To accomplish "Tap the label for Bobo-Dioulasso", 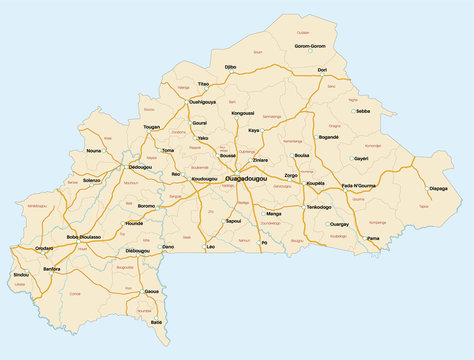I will pyautogui.click(x=86, y=237).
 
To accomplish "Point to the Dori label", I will pyautogui.click(x=322, y=70).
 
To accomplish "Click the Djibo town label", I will pyautogui.click(x=230, y=67).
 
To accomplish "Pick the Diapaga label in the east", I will pyautogui.click(x=438, y=188).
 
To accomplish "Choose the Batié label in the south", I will pyautogui.click(x=156, y=322).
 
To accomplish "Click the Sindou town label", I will pyautogui.click(x=21, y=274).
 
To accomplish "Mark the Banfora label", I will pyautogui.click(x=52, y=269).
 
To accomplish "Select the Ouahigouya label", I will pyautogui.click(x=202, y=101).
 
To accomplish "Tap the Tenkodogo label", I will pyautogui.click(x=319, y=206).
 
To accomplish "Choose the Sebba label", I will pyautogui.click(x=363, y=111).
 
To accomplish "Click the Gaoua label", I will pyautogui.click(x=152, y=291).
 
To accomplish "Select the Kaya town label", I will pyautogui.click(x=254, y=130).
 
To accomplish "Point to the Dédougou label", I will pyautogui.click(x=140, y=167).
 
